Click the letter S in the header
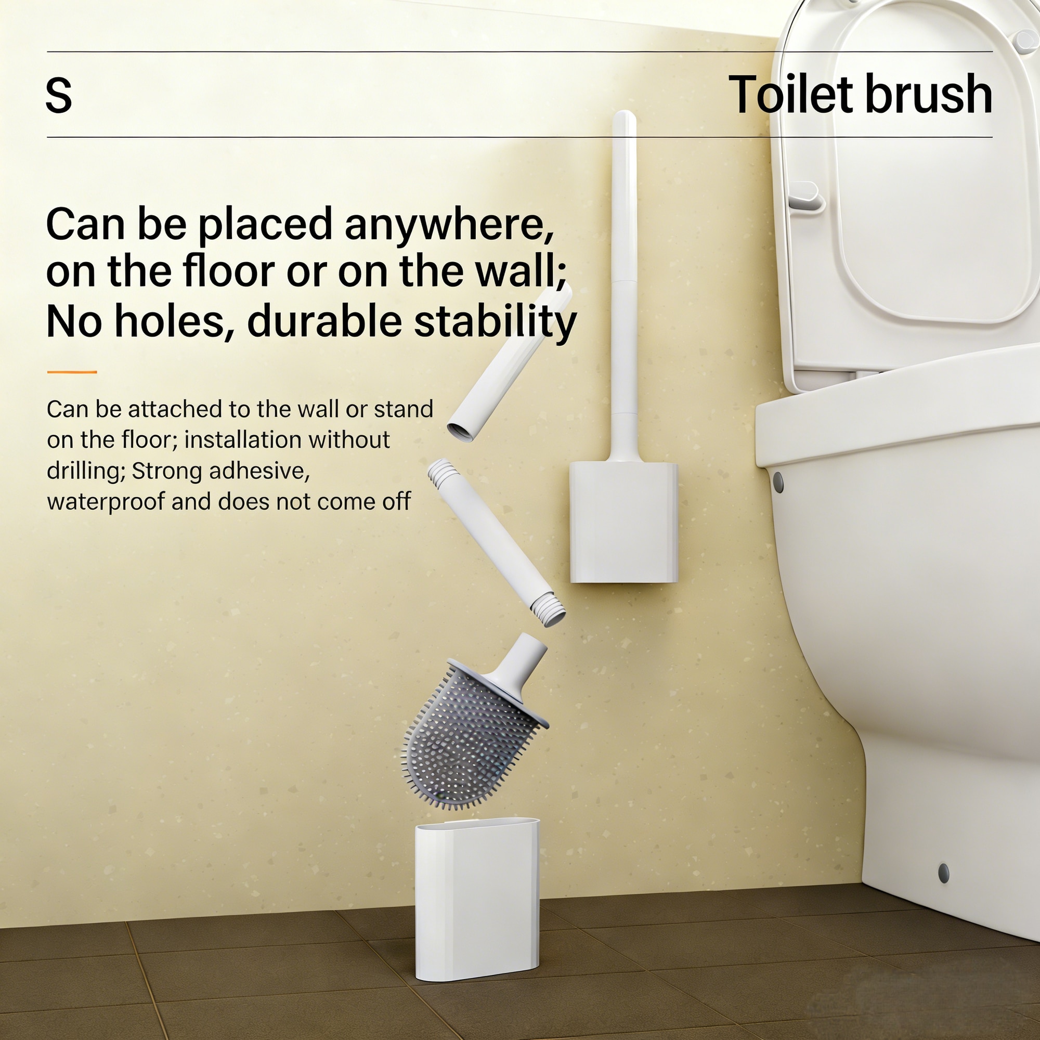click(x=59, y=95)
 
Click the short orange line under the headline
click(x=72, y=372)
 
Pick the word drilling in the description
click(x=86, y=472)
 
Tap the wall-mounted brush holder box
click(x=623, y=522)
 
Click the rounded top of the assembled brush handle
click(x=625, y=118)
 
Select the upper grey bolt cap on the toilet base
click(x=778, y=483)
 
